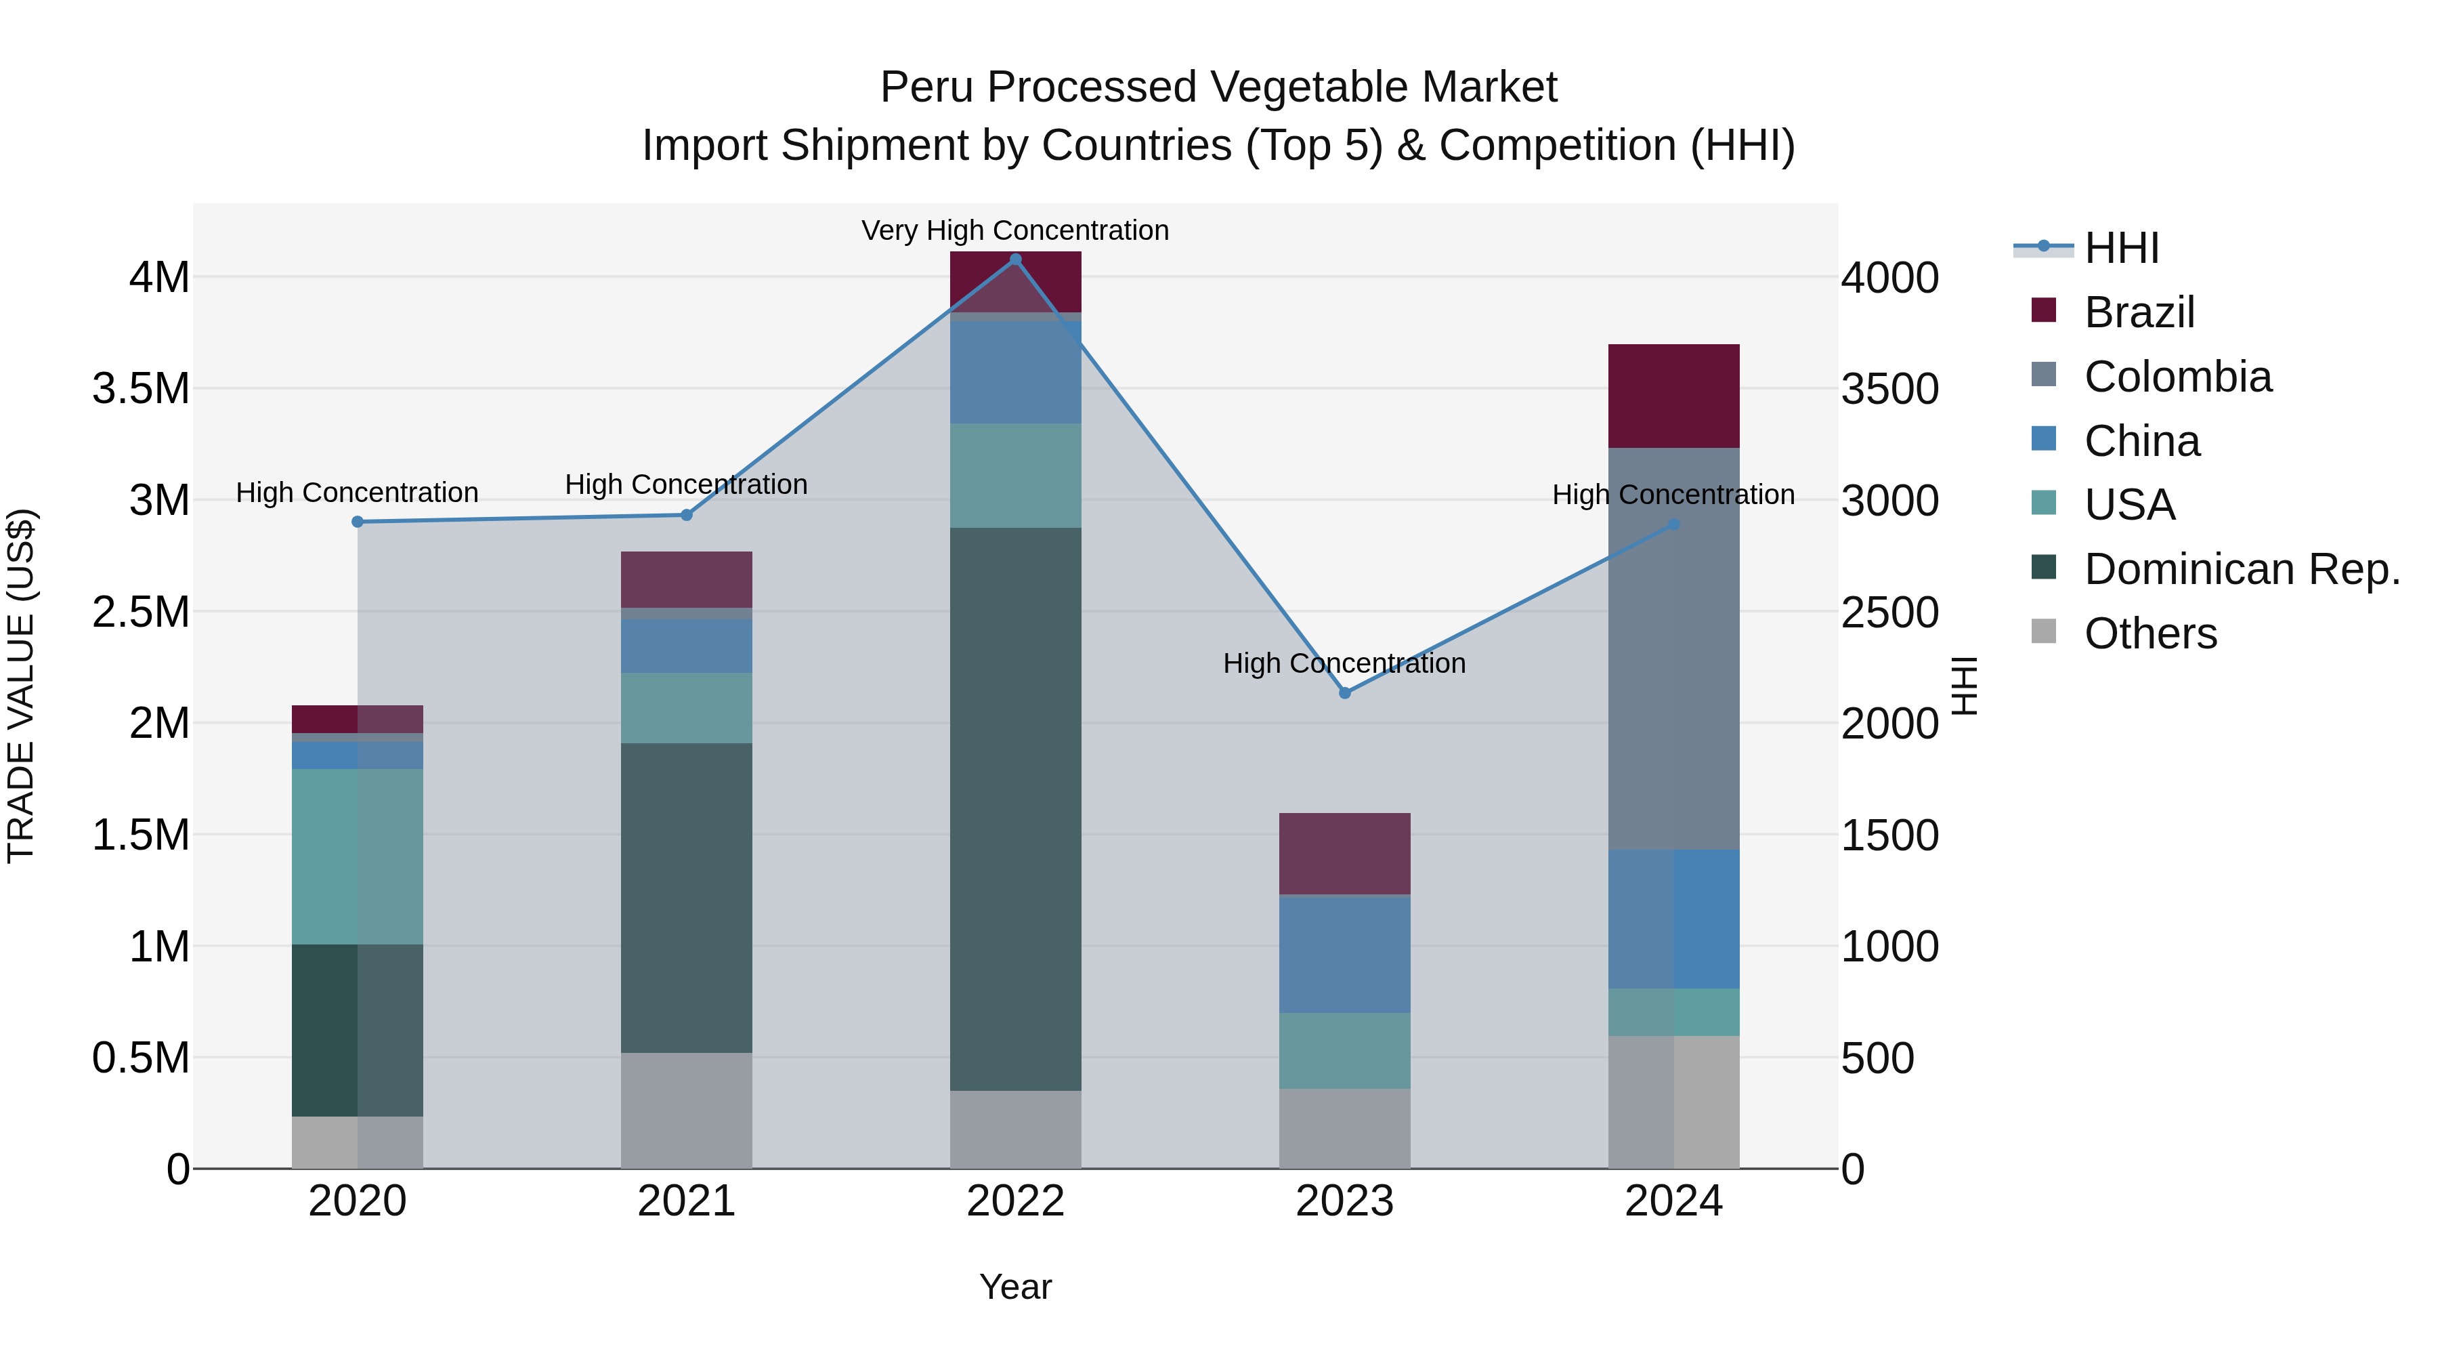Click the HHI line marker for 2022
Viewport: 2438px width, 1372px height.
pos(1016,259)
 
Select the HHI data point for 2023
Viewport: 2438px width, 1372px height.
pos(1345,693)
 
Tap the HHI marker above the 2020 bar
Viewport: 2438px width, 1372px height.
pos(358,522)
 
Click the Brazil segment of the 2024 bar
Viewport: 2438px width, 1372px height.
pos(1673,396)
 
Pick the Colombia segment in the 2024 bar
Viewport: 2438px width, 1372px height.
pos(1673,648)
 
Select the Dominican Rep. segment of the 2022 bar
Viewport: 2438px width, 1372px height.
pos(1016,810)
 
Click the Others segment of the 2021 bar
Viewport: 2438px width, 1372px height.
pos(686,1110)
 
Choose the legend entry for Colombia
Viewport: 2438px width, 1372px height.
pos(2177,377)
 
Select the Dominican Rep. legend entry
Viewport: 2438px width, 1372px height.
pos(2241,569)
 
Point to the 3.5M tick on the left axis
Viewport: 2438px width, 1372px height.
pos(141,389)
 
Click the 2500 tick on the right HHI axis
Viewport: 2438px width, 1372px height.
pos(1889,612)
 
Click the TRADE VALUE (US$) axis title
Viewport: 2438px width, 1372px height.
pos(22,686)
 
